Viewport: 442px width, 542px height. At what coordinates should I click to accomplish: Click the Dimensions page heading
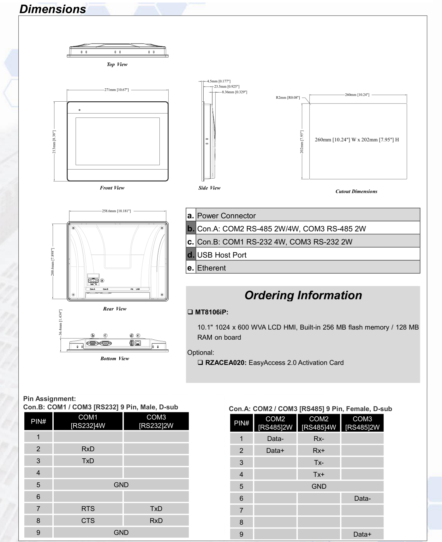coord(53,9)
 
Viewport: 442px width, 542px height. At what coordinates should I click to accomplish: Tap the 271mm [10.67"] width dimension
coord(116,90)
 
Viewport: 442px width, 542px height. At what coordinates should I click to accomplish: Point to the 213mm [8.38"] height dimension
coord(54,142)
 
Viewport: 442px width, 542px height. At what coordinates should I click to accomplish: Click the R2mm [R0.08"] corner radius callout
coord(288,98)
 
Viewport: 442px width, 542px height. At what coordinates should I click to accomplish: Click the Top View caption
coord(117,64)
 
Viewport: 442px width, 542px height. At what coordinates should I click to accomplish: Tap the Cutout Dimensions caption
coord(356,191)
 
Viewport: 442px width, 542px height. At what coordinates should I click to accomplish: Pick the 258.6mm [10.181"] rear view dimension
coord(116,211)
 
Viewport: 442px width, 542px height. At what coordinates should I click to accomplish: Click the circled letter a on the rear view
coord(102,280)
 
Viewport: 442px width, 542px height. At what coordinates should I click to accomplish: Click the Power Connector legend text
coord(226,216)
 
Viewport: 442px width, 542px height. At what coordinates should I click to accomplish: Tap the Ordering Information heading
coord(303,295)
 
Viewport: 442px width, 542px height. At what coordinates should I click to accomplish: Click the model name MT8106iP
coord(211,312)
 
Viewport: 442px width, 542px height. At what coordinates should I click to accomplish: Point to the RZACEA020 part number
coord(225,363)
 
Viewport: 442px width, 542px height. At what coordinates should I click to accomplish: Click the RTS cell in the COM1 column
coord(88,509)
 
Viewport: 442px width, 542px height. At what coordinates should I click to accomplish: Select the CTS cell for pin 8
coord(88,521)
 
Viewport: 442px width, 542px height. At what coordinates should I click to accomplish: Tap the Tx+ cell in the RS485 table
coord(319,474)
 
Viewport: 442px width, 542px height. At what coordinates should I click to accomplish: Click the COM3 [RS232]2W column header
coord(156,421)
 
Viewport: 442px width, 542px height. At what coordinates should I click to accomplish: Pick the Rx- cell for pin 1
coord(319,438)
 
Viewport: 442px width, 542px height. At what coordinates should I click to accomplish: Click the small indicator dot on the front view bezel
coord(80,110)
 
